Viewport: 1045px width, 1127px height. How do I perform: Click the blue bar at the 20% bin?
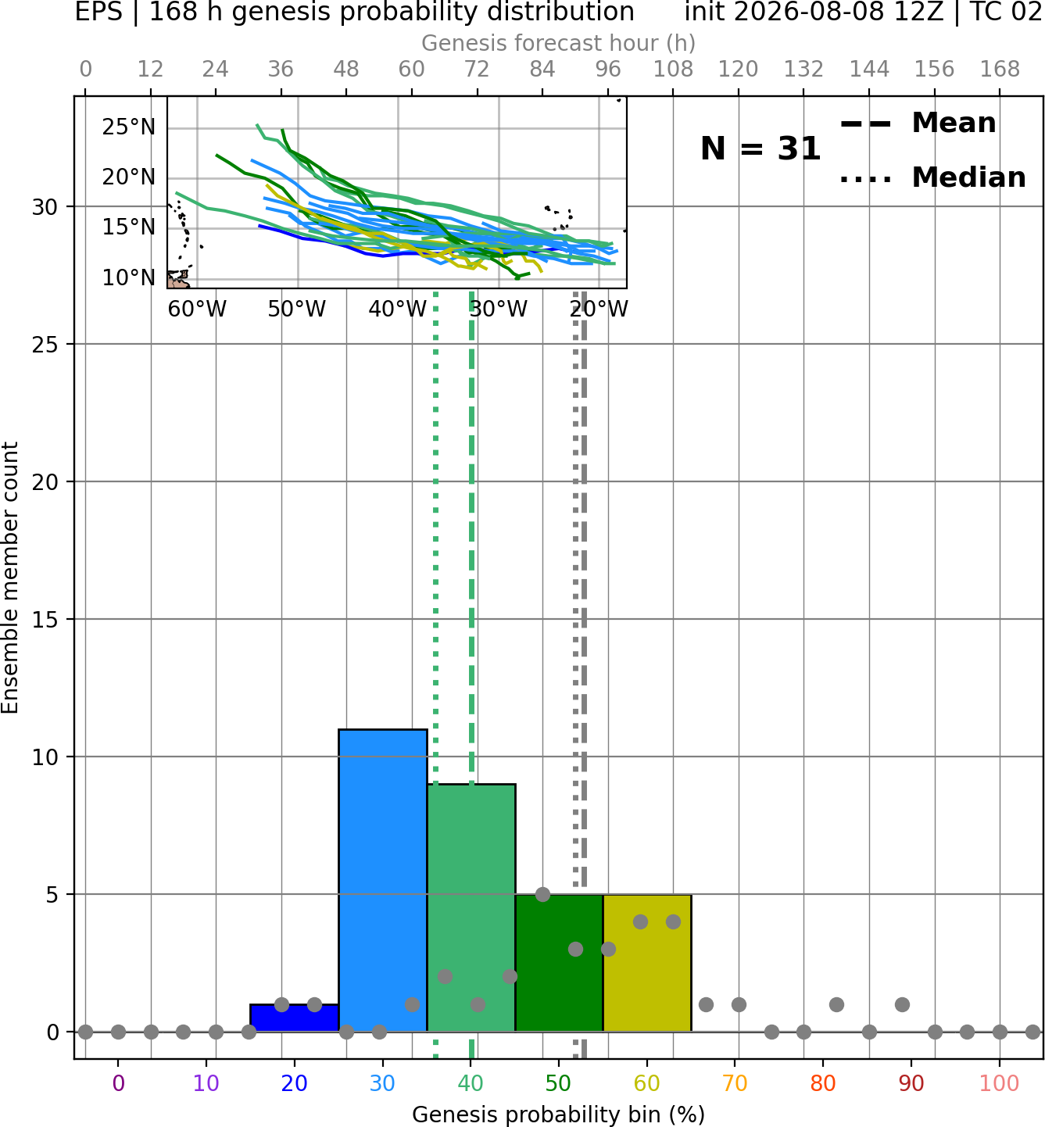pyautogui.click(x=295, y=1018)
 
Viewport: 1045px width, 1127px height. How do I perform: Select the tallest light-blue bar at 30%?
pyautogui.click(x=383, y=880)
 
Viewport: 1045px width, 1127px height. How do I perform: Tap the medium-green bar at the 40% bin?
pyautogui.click(x=472, y=908)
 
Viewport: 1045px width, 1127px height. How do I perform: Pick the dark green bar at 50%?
pyautogui.click(x=560, y=963)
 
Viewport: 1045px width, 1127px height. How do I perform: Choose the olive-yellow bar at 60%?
pyautogui.click(x=648, y=963)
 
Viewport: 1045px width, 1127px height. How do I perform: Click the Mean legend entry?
pyautogui.click(x=918, y=123)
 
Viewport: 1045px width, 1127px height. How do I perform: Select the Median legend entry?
pyautogui.click(x=933, y=177)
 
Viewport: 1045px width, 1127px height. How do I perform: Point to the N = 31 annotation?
pyautogui.click(x=760, y=148)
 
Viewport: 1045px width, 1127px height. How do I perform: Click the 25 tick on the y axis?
pyautogui.click(x=45, y=345)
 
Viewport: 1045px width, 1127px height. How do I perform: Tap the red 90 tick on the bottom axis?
pyautogui.click(x=911, y=1084)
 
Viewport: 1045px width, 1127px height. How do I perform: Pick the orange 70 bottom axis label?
pyautogui.click(x=735, y=1084)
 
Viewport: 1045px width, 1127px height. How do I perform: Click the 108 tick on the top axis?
pyautogui.click(x=673, y=70)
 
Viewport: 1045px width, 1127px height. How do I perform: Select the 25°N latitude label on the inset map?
pyautogui.click(x=129, y=127)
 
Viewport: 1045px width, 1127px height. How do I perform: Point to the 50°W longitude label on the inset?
pyautogui.click(x=297, y=309)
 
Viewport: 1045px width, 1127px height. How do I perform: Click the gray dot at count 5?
pyautogui.click(x=542, y=894)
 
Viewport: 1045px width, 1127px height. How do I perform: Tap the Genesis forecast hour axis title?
pyautogui.click(x=559, y=43)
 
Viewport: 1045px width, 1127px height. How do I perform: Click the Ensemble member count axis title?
pyautogui.click(x=10, y=578)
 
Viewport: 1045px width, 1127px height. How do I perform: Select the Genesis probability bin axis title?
pyautogui.click(x=559, y=1114)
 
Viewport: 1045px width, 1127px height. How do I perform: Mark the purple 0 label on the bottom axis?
pyautogui.click(x=118, y=1084)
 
